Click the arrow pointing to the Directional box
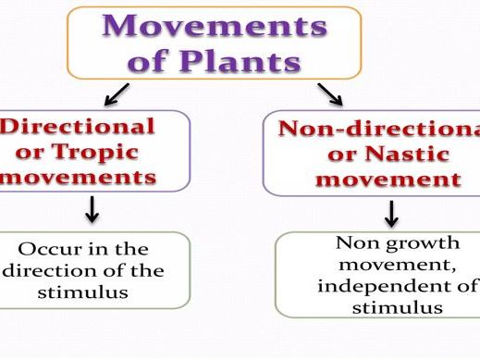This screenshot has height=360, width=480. pyautogui.click(x=117, y=93)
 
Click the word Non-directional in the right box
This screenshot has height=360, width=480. pyautogui.click(x=379, y=128)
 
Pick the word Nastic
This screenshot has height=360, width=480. pyautogui.click(x=403, y=153)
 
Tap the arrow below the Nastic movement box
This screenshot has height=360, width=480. pyautogui.click(x=391, y=214)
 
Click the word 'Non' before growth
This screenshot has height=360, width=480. pyautogui.click(x=354, y=243)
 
